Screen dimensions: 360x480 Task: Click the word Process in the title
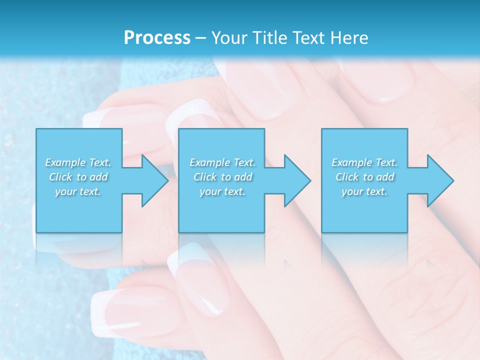pyautogui.click(x=157, y=38)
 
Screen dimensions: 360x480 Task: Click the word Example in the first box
pyautogui.click(x=65, y=162)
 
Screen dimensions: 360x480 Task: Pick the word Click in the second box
pyautogui.click(x=204, y=177)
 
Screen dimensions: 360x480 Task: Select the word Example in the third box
pyautogui.click(x=352, y=162)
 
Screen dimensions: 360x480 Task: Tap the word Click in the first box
pyautogui.click(x=60, y=177)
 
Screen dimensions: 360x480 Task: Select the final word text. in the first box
pyautogui.click(x=90, y=191)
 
